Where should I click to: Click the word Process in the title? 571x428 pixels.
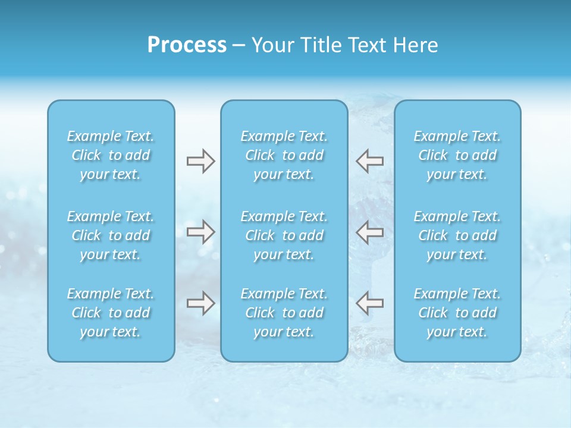click(x=187, y=45)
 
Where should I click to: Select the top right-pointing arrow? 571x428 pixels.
click(x=200, y=161)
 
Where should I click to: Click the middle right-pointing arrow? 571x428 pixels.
click(x=200, y=232)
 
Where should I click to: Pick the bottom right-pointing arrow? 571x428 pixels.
click(x=200, y=303)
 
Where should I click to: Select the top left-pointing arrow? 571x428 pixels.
click(x=370, y=160)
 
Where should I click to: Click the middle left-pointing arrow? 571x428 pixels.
click(x=370, y=232)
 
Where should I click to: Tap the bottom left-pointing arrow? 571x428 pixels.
click(x=370, y=303)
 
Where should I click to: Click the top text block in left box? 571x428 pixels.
click(x=111, y=155)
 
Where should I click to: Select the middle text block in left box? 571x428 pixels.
click(x=111, y=235)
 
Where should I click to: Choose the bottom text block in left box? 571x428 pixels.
click(x=111, y=313)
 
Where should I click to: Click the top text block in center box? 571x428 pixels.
click(x=284, y=155)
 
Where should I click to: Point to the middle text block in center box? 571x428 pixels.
click(x=284, y=235)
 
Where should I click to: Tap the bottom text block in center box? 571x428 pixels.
click(x=284, y=313)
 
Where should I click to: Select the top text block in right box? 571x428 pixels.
click(x=457, y=155)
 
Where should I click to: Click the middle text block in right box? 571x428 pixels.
click(x=457, y=235)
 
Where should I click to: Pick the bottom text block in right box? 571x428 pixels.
click(x=457, y=313)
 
